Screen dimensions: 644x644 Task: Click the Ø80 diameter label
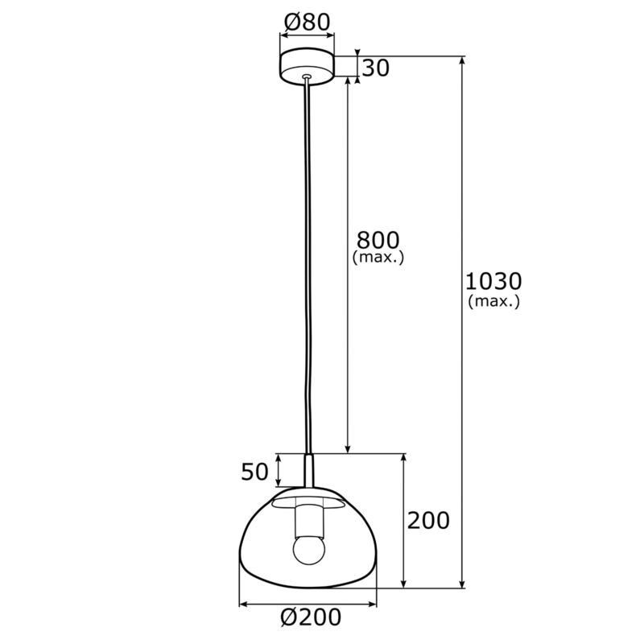click(x=307, y=23)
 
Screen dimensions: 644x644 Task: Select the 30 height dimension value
click(x=375, y=68)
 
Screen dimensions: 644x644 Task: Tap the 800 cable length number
click(x=378, y=240)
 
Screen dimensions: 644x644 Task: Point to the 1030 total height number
click(x=493, y=282)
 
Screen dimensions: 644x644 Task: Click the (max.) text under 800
click(x=378, y=258)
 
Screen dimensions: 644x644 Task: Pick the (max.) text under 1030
click(x=493, y=301)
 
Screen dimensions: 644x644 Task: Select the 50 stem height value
click(x=254, y=472)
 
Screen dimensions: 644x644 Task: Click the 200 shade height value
click(x=428, y=521)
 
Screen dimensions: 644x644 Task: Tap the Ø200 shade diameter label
click(x=311, y=617)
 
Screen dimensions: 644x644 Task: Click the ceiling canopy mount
click(x=307, y=67)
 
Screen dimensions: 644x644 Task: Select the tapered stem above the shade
click(x=308, y=471)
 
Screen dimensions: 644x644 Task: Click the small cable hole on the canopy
click(x=307, y=78)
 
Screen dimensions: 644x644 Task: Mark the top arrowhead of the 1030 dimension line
click(x=462, y=61)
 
